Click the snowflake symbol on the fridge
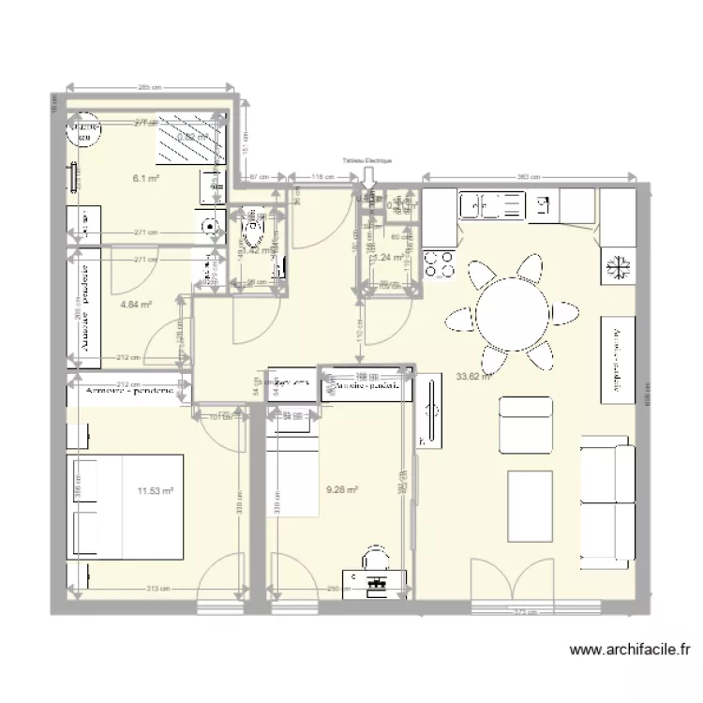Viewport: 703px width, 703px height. point(618,265)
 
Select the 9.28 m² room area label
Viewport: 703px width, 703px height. point(341,488)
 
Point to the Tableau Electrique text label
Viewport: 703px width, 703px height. point(367,161)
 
